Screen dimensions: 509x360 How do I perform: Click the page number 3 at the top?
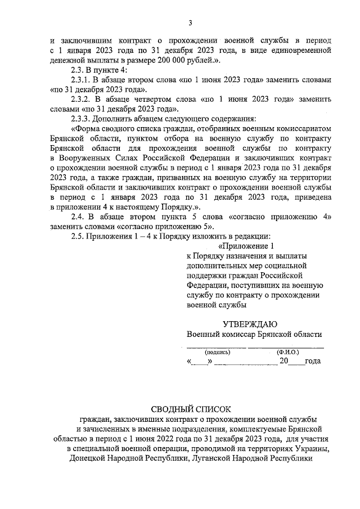point(190,22)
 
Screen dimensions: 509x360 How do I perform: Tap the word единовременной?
point(299,51)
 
